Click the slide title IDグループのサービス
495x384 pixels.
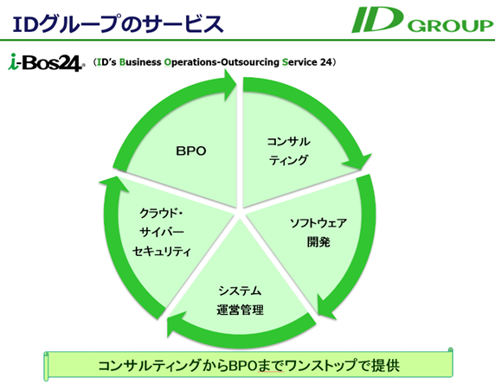tap(118, 23)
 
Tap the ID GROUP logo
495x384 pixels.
tap(422, 20)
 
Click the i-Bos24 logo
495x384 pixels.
tap(47, 62)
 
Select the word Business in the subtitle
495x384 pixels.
tap(140, 62)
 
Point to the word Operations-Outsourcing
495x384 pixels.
tap(222, 62)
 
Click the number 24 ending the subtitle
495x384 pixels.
tap(326, 62)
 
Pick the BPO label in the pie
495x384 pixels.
tap(191, 151)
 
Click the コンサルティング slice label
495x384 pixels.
tap(288, 150)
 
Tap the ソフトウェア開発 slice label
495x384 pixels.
tap(318, 233)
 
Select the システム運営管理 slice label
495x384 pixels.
tap(240, 300)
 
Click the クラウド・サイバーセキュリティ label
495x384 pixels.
tap(162, 233)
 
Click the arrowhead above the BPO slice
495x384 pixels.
tap(230, 85)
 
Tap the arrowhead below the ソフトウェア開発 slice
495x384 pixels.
tap(325, 307)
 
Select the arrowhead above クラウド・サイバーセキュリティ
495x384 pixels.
tap(113, 184)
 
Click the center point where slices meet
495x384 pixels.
tap(240, 213)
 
